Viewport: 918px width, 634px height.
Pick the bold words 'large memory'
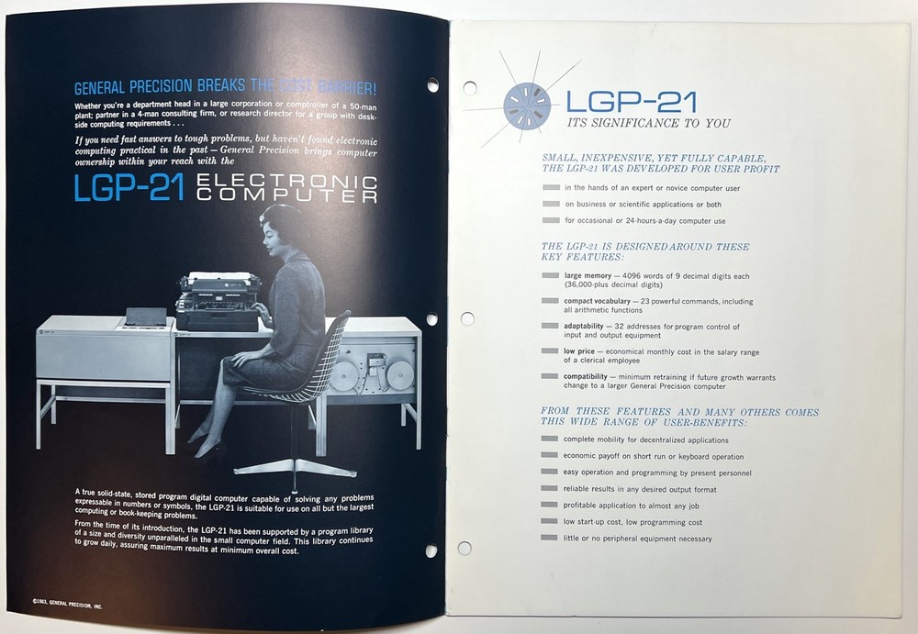[x=588, y=275]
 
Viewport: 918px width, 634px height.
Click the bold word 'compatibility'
[x=592, y=376]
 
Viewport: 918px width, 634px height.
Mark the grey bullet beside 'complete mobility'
[x=550, y=439]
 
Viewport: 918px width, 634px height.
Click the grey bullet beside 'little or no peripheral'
[x=550, y=539]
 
